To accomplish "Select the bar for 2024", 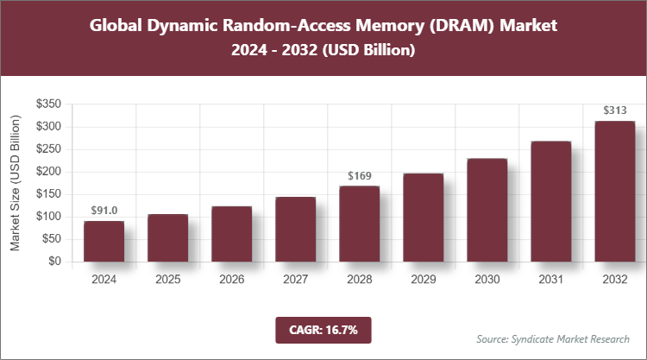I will (104, 241).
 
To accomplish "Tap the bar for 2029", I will (423, 217).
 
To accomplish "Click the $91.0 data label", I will (104, 210).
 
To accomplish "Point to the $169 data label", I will (359, 175).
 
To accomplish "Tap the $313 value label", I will (614, 110).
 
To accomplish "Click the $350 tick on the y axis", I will (48, 104).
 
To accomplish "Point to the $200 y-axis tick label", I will (48, 172).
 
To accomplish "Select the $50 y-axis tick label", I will (51, 239).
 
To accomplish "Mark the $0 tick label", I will (54, 262).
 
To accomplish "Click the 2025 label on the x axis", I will (167, 279).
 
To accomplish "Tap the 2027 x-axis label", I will (295, 279).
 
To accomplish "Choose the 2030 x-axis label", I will (487, 279).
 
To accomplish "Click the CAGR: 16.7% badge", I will (323, 329).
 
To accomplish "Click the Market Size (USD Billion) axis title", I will (16, 183).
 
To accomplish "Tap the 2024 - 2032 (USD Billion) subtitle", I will (323, 51).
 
